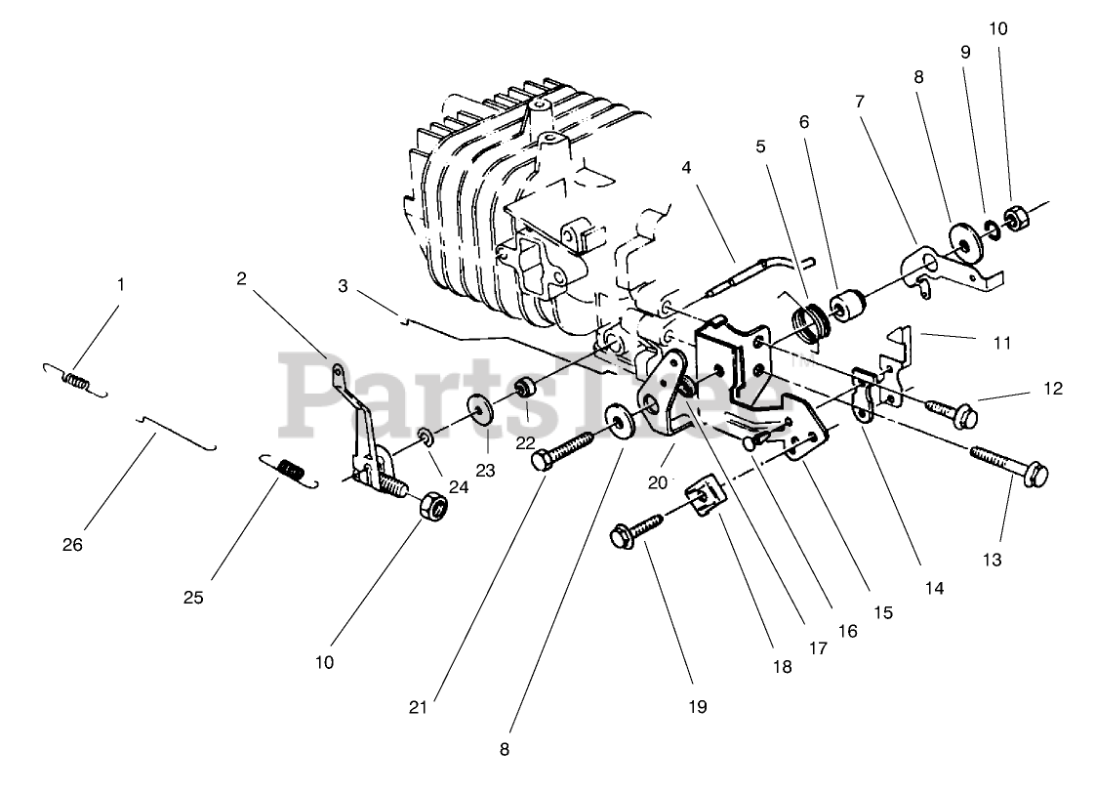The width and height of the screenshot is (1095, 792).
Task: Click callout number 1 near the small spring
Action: (121, 285)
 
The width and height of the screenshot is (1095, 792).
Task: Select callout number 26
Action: (74, 544)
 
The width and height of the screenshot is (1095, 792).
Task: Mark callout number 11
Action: (1003, 343)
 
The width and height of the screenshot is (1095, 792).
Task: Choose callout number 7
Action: (860, 102)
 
